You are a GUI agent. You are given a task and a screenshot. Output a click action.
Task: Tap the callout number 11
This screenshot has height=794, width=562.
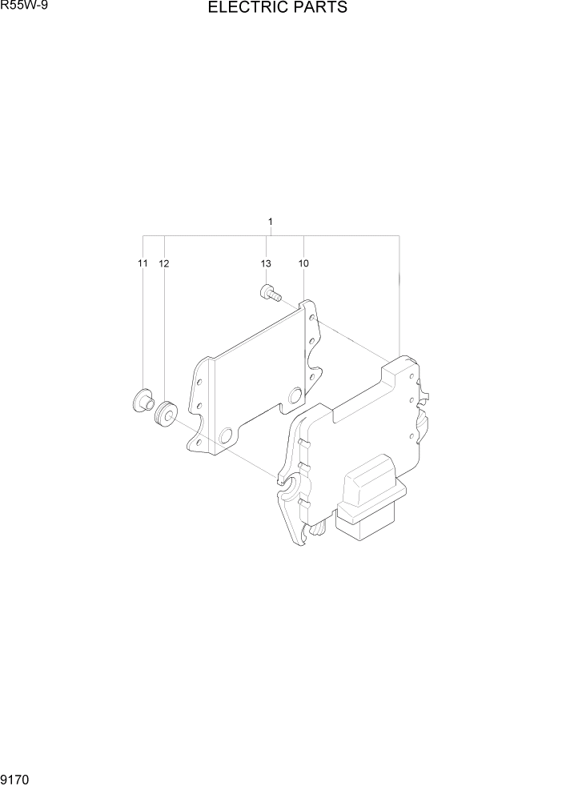tap(143, 263)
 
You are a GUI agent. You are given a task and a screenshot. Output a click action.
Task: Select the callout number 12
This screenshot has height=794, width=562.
tap(164, 263)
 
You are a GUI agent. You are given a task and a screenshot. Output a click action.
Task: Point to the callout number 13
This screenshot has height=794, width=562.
tap(266, 263)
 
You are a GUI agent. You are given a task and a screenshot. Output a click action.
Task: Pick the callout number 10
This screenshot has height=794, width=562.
tap(303, 263)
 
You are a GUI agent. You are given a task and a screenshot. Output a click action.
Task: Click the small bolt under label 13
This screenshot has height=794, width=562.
tap(270, 294)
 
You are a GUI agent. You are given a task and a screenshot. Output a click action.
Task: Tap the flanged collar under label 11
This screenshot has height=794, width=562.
tap(143, 399)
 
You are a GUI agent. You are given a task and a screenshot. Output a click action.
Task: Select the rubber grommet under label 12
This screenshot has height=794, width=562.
tap(166, 412)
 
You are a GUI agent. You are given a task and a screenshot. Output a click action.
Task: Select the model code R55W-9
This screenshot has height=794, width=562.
tap(19, 6)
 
